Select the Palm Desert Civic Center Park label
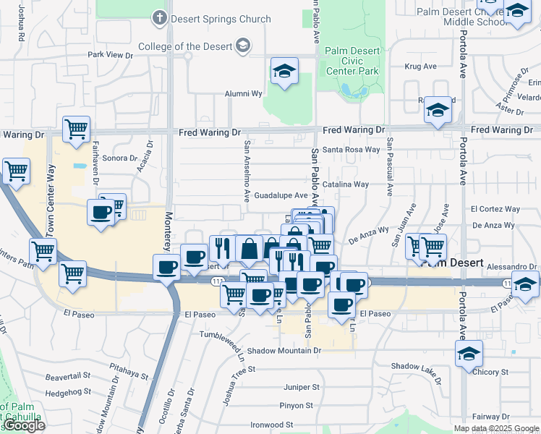click(x=352, y=61)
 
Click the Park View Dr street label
click(x=111, y=55)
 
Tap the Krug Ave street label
click(x=421, y=67)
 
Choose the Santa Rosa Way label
click(x=351, y=150)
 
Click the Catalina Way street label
click(x=346, y=184)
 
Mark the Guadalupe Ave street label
click(x=281, y=195)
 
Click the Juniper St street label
click(x=302, y=387)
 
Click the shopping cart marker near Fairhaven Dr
click(x=76, y=129)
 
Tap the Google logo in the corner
click(x=25, y=425)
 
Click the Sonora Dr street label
click(x=120, y=158)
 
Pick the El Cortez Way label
click(x=495, y=209)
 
